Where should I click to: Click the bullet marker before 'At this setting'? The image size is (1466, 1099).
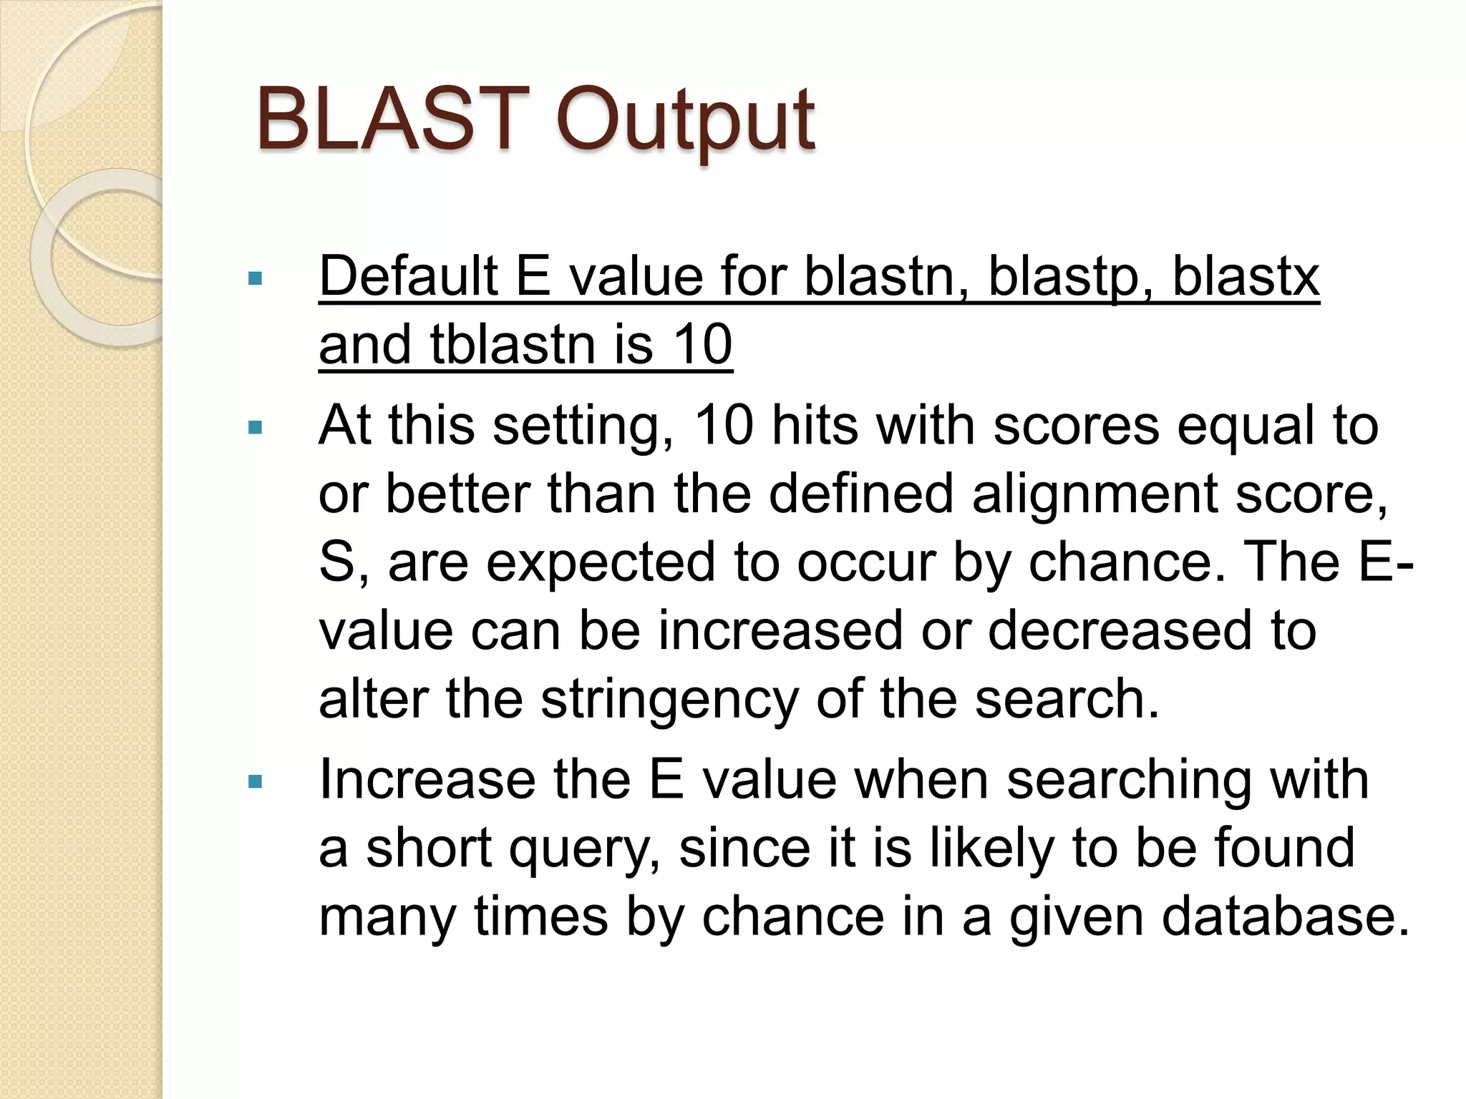tap(255, 428)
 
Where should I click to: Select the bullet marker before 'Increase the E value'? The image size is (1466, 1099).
tap(255, 781)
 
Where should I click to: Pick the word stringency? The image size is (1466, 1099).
tap(669, 700)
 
